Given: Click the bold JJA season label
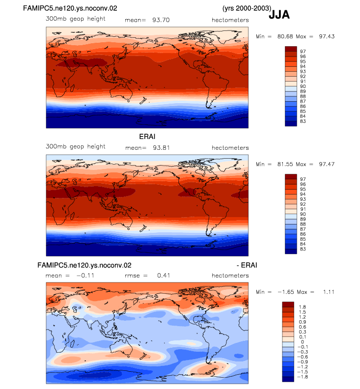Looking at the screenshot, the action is tap(279, 15).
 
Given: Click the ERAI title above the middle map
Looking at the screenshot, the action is tap(147, 137).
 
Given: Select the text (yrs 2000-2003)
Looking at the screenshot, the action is tap(247, 8).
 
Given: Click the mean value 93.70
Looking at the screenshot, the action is tap(161, 20).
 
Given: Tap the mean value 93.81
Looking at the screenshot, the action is tap(161, 148).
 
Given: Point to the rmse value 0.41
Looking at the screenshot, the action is tap(164, 276).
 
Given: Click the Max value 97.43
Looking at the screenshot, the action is tap(327, 36).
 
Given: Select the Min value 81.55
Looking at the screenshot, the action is tap(285, 164).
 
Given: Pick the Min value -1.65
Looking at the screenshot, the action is tap(286, 292).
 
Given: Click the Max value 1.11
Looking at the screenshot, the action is tap(329, 292).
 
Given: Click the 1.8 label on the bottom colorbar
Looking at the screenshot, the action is tap(303, 307).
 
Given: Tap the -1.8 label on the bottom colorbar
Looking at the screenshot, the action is tap(303, 377).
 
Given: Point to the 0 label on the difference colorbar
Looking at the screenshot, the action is tap(303, 342).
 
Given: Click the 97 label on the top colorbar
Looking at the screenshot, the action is tap(303, 52).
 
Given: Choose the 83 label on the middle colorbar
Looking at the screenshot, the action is tap(303, 249).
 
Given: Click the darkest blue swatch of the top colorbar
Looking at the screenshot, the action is tap(291, 124).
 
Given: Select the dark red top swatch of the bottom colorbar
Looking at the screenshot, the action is tap(288, 305).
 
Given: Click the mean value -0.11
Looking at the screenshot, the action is tap(85, 276).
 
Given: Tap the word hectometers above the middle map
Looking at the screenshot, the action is tap(230, 148).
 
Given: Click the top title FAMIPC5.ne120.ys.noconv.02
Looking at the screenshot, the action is tap(70, 8).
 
